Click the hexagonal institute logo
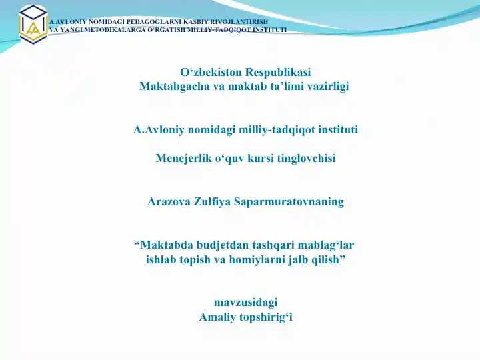click(32, 23)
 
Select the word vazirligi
click(326, 86)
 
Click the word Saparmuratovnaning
click(289, 201)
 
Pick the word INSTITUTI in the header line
click(268, 29)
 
